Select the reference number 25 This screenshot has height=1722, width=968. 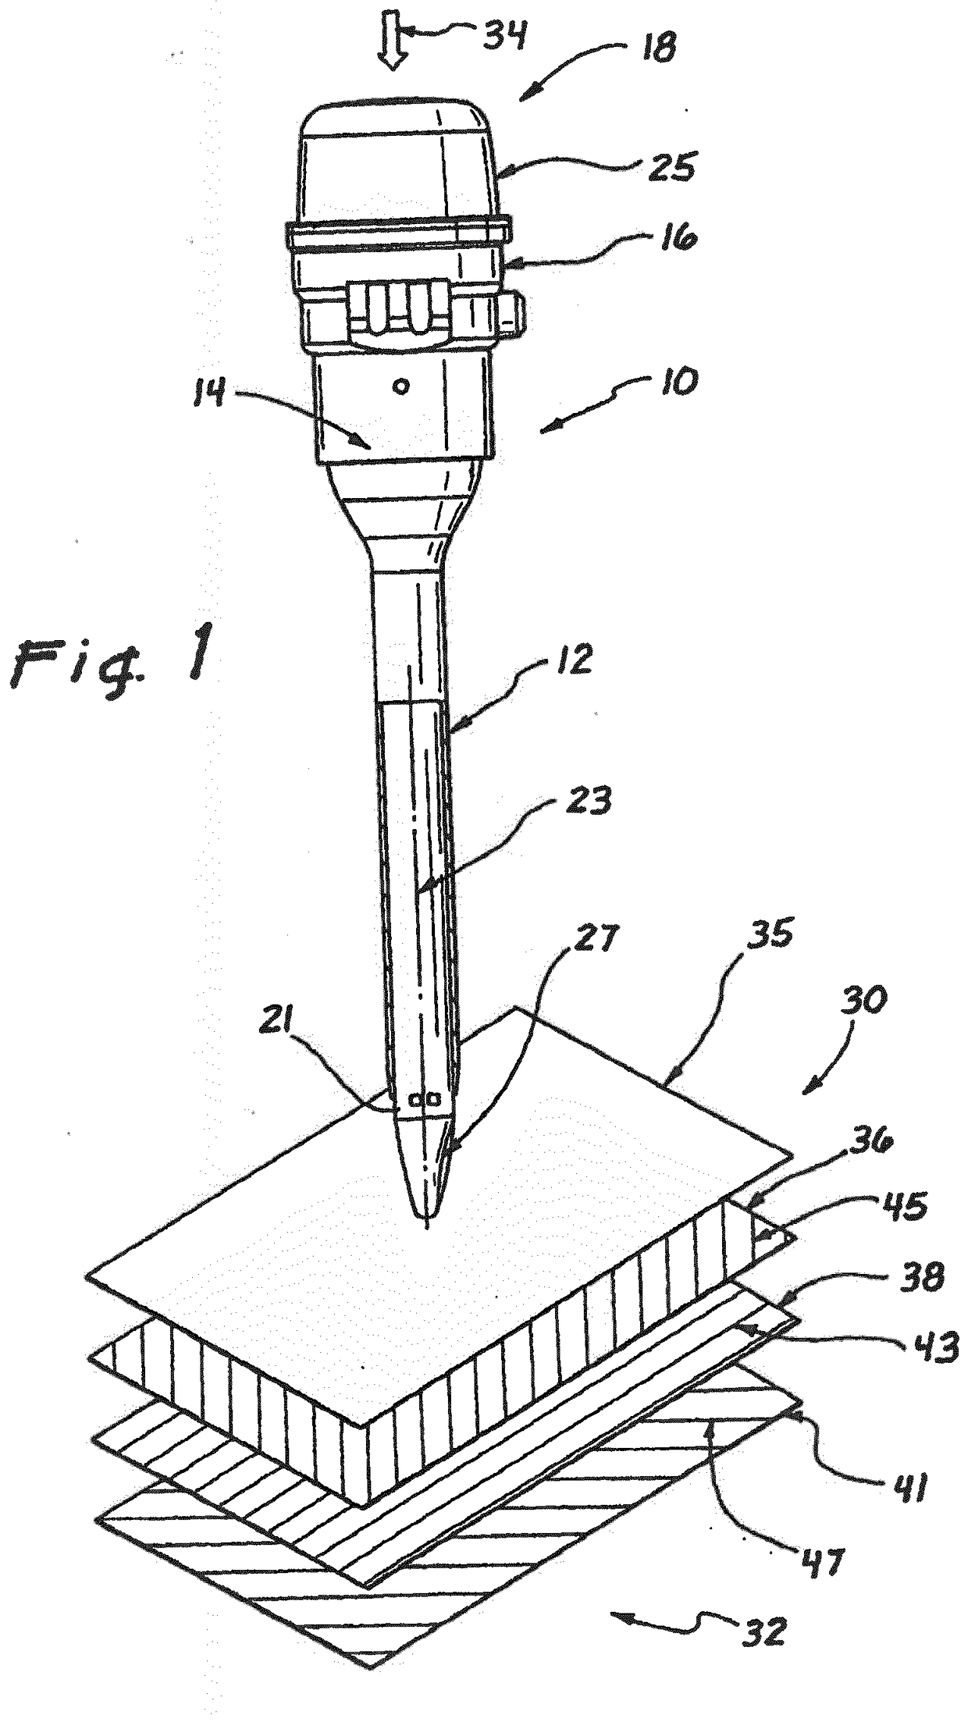tap(669, 167)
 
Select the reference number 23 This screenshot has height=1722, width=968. tap(591, 801)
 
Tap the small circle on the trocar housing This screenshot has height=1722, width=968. tap(401, 386)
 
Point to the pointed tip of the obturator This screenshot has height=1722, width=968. tap(426, 1228)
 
